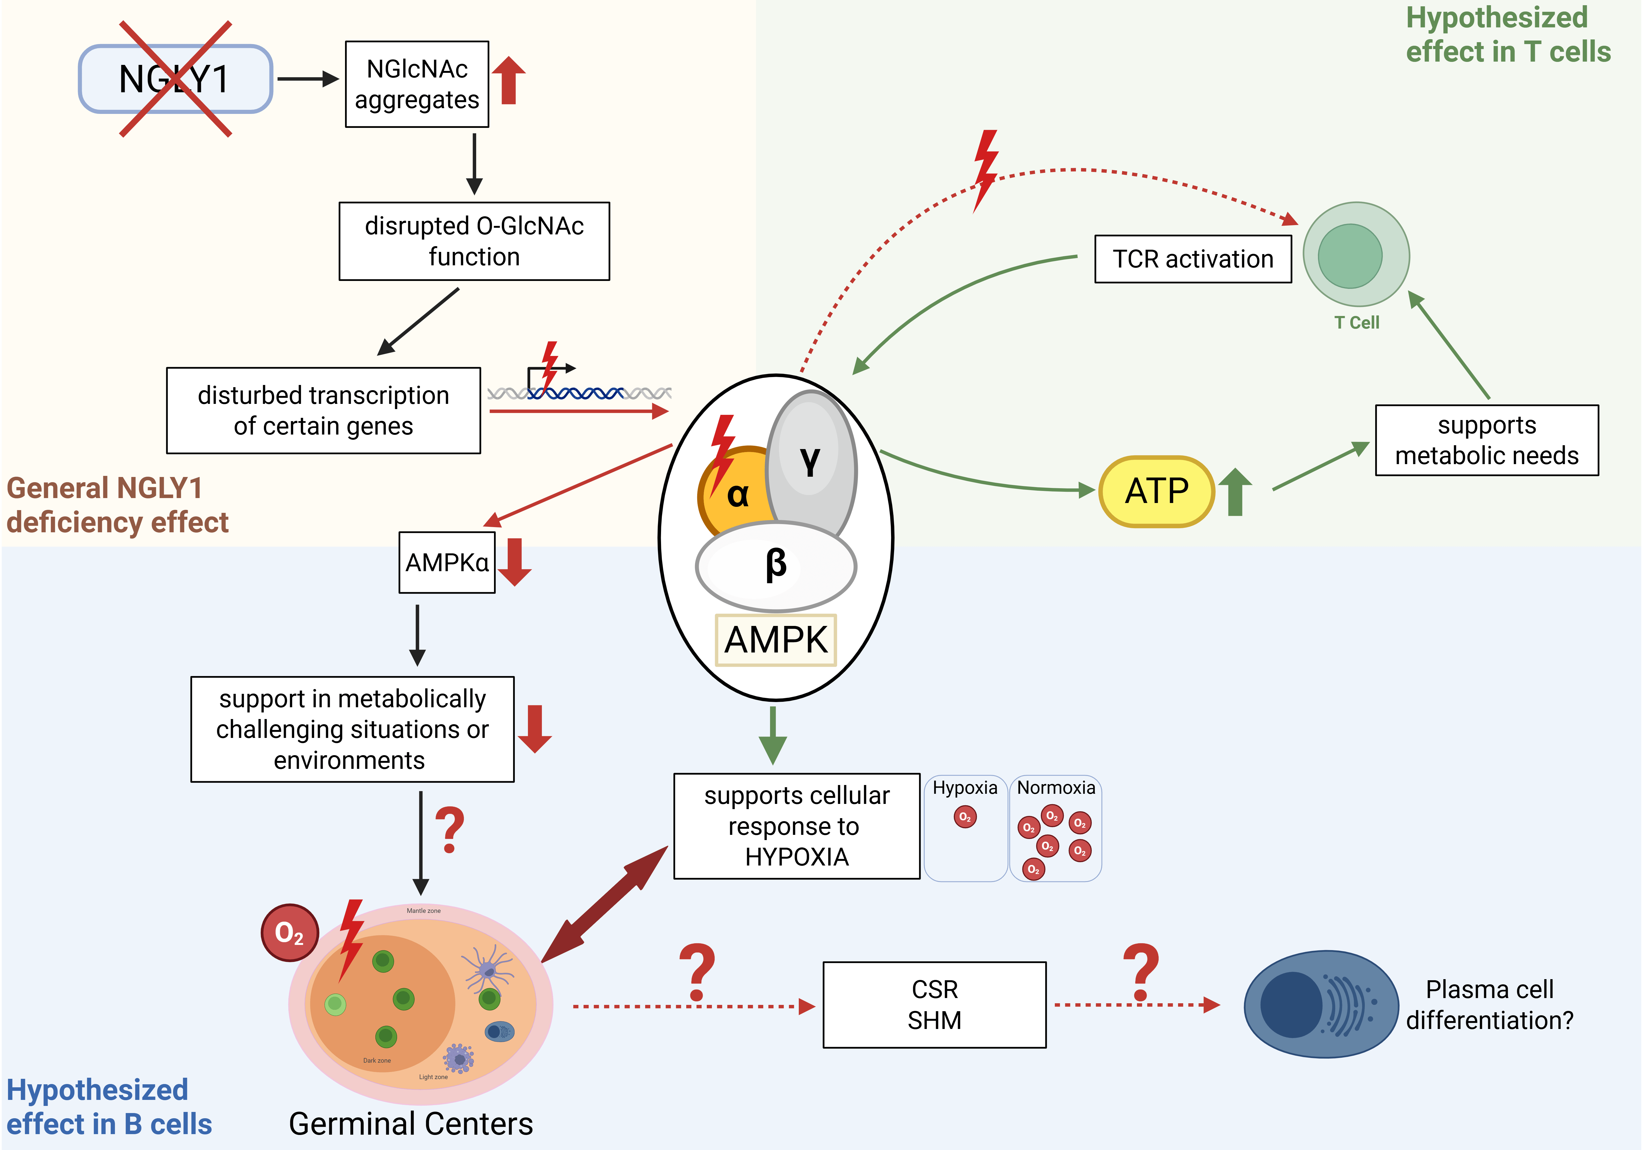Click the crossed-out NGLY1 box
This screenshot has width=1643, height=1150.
(175, 79)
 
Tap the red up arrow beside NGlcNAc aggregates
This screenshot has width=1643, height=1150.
(509, 80)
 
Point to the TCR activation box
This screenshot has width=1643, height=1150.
(1193, 259)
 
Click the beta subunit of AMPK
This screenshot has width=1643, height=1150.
(776, 565)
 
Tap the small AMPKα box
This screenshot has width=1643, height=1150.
(447, 562)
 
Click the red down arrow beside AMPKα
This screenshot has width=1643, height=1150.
(515, 562)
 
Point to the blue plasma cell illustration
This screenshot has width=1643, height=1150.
(1320, 1004)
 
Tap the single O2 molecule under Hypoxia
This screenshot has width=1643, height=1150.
(965, 817)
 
